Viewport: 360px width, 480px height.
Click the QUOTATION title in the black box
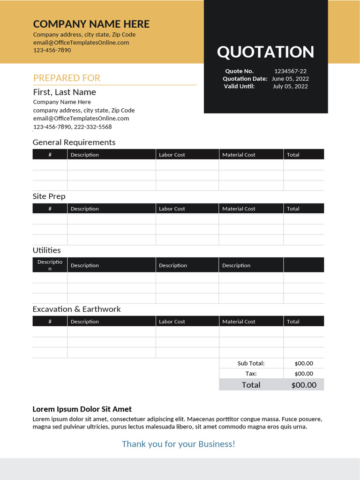click(265, 52)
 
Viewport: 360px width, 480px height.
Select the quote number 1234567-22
click(290, 71)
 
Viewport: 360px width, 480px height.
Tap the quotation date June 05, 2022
click(290, 79)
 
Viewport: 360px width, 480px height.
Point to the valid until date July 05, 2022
click(290, 86)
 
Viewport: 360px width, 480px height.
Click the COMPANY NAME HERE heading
click(91, 24)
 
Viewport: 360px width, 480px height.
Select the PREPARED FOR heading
click(67, 78)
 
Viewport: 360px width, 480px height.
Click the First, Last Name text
click(64, 92)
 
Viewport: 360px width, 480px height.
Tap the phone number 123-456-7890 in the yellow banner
click(52, 50)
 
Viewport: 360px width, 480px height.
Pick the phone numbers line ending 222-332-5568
click(72, 127)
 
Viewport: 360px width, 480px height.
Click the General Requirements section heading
click(74, 142)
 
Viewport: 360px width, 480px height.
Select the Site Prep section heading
click(49, 196)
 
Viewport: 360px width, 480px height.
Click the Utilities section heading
click(46, 250)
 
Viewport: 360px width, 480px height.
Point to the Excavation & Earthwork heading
click(76, 309)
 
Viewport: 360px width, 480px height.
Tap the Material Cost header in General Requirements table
click(239, 155)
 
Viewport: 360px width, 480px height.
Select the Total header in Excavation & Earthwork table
click(293, 322)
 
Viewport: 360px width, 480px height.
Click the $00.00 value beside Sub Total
click(304, 363)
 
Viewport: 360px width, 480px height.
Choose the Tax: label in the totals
click(251, 374)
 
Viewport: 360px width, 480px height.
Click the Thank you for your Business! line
click(178, 444)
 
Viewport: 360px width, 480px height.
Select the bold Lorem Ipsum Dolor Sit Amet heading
click(82, 409)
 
